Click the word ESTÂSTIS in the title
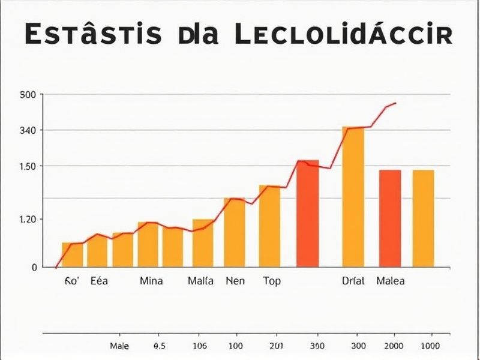point(93,35)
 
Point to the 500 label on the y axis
point(28,95)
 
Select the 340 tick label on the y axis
point(28,130)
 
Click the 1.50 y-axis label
point(28,166)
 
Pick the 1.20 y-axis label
point(28,220)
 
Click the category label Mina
point(152,281)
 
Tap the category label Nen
point(235,281)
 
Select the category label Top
point(272,281)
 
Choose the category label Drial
point(352,281)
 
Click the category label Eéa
point(99,281)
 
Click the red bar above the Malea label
point(390,218)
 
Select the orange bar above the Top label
point(269,226)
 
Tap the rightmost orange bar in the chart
point(423,218)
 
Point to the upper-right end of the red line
point(394,103)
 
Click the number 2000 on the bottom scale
point(394,346)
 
